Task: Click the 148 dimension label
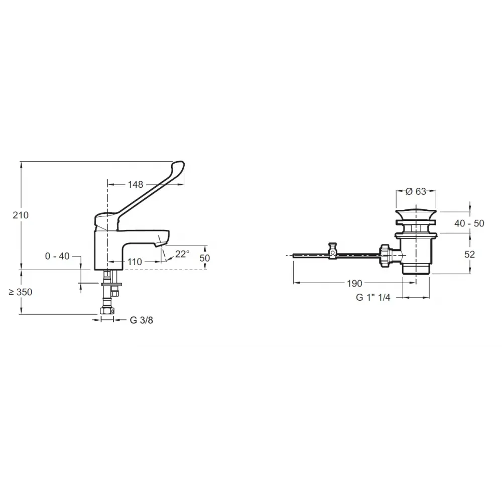pyautogui.click(x=136, y=185)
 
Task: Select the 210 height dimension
pyautogui.click(x=21, y=215)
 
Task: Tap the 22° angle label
pyautogui.click(x=182, y=254)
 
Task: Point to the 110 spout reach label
pyautogui.click(x=135, y=262)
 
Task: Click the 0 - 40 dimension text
pyautogui.click(x=57, y=256)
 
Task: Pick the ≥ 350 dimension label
pyautogui.click(x=21, y=292)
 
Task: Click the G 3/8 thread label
pyautogui.click(x=142, y=320)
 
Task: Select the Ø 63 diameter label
pyautogui.click(x=416, y=191)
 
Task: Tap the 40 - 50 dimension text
pyautogui.click(x=469, y=223)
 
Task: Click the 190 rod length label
pyautogui.click(x=354, y=283)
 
